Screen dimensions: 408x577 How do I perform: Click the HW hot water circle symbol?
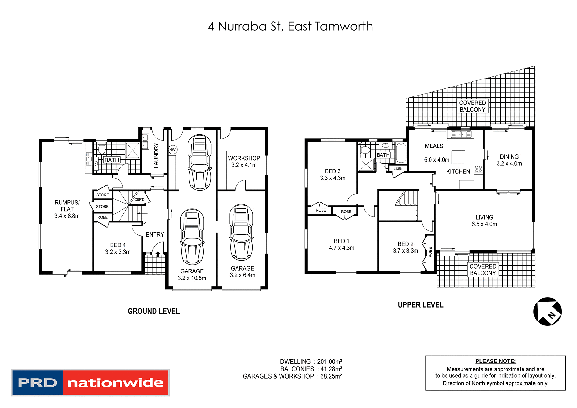[x=172, y=149]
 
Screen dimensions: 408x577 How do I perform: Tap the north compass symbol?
[x=548, y=312]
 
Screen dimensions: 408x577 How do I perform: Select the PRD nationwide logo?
[x=90, y=382]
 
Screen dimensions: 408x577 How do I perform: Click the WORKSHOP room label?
[x=244, y=158]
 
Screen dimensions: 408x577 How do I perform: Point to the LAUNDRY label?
[x=156, y=155]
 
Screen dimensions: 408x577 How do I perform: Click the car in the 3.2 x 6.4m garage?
[x=241, y=232]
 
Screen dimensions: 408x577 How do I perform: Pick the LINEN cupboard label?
[x=398, y=169]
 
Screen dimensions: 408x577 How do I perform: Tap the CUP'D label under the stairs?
[x=139, y=200]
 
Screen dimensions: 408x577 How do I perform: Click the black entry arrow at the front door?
[x=158, y=254]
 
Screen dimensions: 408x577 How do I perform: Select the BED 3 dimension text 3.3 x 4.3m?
[x=333, y=178]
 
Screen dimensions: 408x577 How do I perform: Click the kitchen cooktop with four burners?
[x=478, y=169]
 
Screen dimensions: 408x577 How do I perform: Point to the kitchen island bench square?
[x=458, y=157]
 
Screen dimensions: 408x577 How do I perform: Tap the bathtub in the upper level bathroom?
[x=401, y=153]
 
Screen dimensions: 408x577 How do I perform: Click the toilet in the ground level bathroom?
[x=102, y=149]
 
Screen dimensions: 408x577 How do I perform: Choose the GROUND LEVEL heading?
[x=154, y=311]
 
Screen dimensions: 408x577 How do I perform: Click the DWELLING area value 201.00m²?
[x=330, y=362]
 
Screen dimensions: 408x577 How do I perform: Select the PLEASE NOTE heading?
[x=495, y=361]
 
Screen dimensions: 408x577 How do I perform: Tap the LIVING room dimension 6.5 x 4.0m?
[x=484, y=224]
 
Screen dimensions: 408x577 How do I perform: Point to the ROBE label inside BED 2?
[x=430, y=252]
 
